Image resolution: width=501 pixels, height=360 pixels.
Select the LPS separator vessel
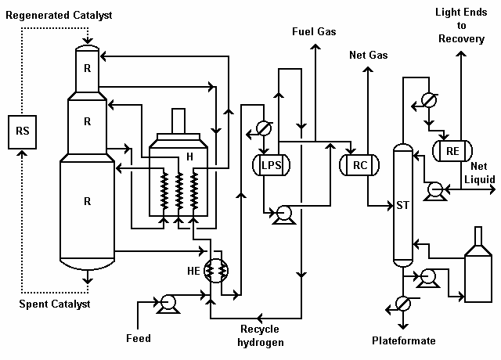(x=271, y=165)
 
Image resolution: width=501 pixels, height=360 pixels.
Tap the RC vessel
(x=359, y=165)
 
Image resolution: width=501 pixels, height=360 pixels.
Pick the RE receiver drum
(x=451, y=150)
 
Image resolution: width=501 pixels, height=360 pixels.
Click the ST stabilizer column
(x=403, y=205)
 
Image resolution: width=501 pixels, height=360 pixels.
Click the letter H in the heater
(x=189, y=157)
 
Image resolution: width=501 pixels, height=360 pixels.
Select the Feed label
(x=138, y=338)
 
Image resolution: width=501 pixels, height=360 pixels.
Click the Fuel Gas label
(x=315, y=31)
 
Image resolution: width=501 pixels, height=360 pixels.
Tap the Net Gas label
(x=368, y=55)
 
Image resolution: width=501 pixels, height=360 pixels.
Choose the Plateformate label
(x=404, y=340)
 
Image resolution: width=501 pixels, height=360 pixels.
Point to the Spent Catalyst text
(x=55, y=304)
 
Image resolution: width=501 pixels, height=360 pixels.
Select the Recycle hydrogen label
(x=261, y=335)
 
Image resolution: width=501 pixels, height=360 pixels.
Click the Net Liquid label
(x=479, y=173)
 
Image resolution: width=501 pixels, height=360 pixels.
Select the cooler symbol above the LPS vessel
(x=264, y=128)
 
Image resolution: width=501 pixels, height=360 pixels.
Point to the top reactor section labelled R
(x=88, y=67)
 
